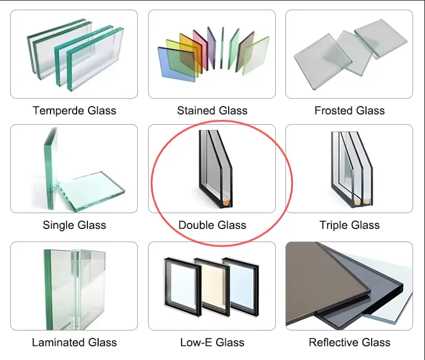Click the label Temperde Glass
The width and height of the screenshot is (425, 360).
tap(74, 111)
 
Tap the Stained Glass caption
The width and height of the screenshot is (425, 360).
tap(212, 111)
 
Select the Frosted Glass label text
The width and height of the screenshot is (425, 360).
tap(350, 111)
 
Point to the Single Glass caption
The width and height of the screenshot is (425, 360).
tap(74, 225)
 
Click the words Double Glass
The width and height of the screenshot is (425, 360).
tap(212, 225)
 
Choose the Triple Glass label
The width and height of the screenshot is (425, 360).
tap(350, 225)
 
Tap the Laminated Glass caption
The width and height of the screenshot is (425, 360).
tap(74, 342)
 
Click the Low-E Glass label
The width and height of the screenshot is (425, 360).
tap(212, 342)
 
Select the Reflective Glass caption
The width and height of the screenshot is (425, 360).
tap(350, 342)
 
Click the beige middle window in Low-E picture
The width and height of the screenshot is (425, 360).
tap(211, 287)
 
